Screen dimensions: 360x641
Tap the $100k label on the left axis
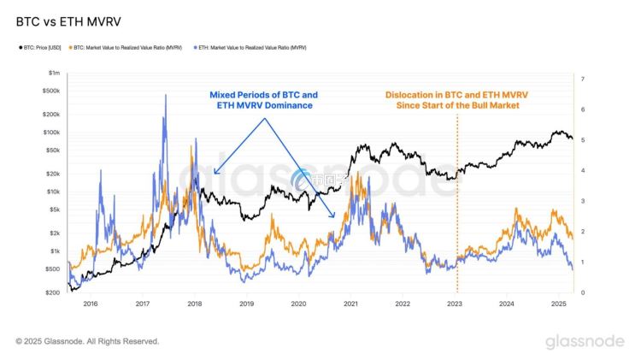point(50,133)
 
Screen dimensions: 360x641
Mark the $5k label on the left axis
point(52,210)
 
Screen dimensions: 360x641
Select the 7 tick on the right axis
point(582,80)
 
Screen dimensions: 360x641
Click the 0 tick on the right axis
point(582,292)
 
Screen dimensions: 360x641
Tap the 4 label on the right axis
point(582,171)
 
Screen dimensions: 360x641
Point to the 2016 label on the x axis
point(91,304)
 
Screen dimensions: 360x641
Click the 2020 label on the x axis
point(299,304)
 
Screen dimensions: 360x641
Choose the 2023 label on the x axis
point(456,304)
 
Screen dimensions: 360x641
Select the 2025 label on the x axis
point(559,304)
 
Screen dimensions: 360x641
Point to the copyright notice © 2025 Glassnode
point(87,341)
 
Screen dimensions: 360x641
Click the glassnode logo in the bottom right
point(585,341)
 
